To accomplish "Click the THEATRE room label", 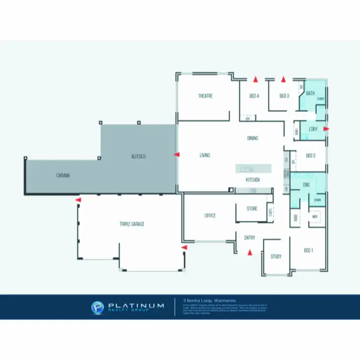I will [x=205, y=96].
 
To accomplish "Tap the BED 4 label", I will [x=254, y=96].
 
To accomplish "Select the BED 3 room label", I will [x=284, y=96].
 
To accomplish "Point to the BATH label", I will [x=310, y=93].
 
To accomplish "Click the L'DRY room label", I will [x=313, y=130].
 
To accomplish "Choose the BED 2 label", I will [x=311, y=156].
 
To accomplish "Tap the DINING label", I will [x=253, y=138].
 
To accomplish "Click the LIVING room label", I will [x=205, y=156].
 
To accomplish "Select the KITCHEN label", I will [x=253, y=180].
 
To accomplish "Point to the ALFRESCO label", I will [x=138, y=157].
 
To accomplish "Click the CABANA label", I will [x=63, y=176].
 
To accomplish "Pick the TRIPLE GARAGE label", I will [x=132, y=224].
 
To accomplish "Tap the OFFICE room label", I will [x=209, y=216].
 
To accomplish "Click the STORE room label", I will [x=252, y=209].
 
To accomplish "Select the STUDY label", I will [x=276, y=256].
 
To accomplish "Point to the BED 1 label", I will [x=309, y=250].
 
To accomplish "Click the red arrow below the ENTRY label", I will [x=249, y=252].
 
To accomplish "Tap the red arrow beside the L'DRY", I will [x=326, y=129].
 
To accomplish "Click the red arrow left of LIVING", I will [x=176, y=155].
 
